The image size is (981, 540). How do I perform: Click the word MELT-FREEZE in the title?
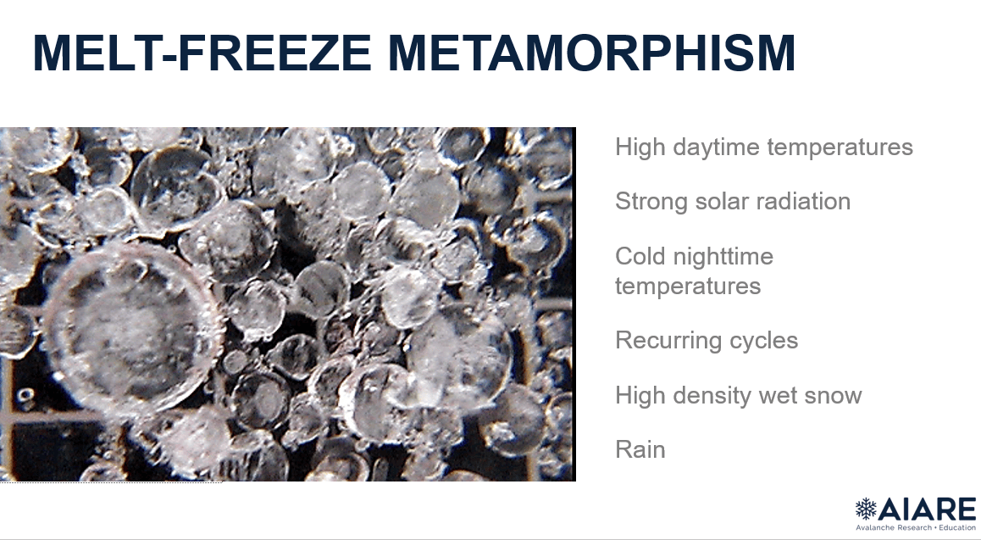pos(202,53)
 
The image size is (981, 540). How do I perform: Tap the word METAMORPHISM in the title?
pos(592,53)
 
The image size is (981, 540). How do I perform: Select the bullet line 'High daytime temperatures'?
pos(764,148)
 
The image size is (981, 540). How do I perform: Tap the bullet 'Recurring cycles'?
pos(707,341)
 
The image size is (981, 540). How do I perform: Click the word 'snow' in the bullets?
pos(834,396)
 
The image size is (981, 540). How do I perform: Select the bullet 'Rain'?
pos(640,450)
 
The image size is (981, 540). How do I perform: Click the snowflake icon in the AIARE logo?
pos(867,509)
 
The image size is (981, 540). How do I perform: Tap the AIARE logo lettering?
pos(928,509)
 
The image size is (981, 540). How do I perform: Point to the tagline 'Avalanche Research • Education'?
pos(916,527)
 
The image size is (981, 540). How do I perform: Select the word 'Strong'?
pos(647,202)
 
